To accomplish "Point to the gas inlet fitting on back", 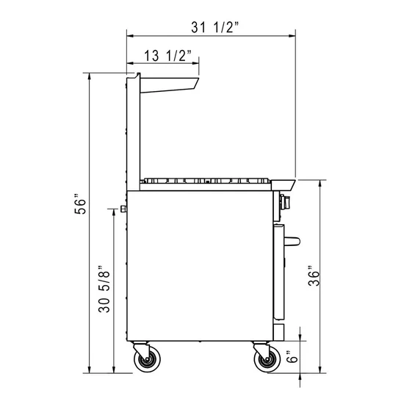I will click(x=123, y=209).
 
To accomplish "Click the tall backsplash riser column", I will click(x=131, y=132).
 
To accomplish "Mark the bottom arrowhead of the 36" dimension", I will click(x=322, y=369).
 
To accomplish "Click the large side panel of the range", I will click(x=198, y=264).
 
